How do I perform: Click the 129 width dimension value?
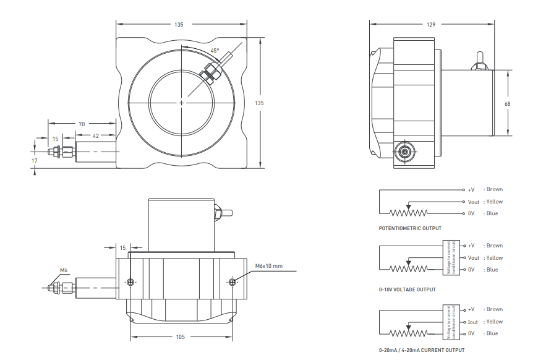point(431,24)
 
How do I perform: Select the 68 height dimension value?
point(508,104)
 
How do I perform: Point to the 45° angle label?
point(215,51)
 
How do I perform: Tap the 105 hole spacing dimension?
point(181,337)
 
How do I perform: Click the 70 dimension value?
point(82,124)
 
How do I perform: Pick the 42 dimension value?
point(96,136)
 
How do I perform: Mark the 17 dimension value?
point(34,161)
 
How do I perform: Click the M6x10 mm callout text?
point(269,266)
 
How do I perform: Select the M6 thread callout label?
point(64,270)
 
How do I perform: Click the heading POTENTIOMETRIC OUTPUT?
point(410,228)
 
